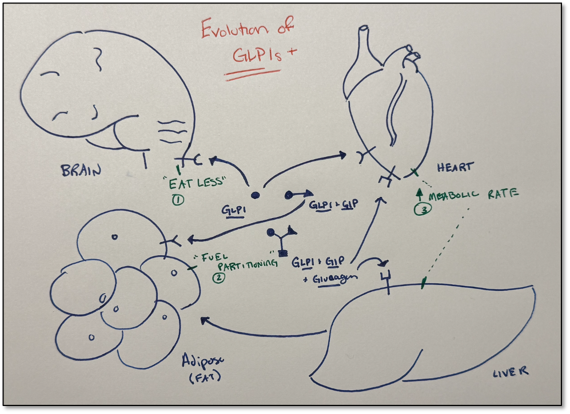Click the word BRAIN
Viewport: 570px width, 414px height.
click(81, 170)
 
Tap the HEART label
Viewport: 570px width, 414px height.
click(455, 167)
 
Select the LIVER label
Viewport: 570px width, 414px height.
click(510, 372)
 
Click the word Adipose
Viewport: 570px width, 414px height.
click(203, 360)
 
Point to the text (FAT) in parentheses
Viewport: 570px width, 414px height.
click(205, 377)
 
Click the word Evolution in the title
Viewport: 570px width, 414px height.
click(235, 29)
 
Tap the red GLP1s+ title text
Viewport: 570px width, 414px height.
click(264, 54)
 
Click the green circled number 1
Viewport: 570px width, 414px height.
click(178, 199)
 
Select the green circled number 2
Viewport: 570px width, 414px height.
click(219, 278)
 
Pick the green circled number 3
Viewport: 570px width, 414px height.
click(422, 209)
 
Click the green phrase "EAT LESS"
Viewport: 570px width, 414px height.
click(197, 182)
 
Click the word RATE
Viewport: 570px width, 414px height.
click(503, 194)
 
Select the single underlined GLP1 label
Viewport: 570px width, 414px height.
click(233, 211)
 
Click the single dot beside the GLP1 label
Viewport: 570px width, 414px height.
click(256, 195)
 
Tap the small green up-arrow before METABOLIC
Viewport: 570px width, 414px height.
click(420, 195)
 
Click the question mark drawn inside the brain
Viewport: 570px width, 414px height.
click(97, 58)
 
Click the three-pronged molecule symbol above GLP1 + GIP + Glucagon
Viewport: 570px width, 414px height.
click(281, 239)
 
